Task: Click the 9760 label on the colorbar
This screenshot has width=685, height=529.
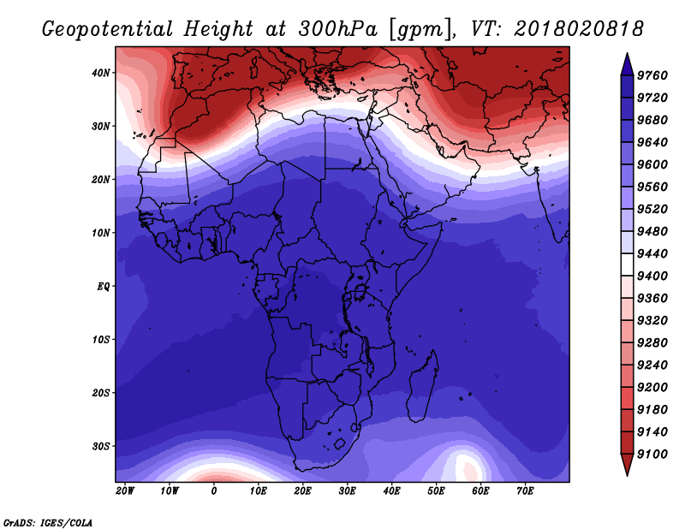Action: [x=652, y=75]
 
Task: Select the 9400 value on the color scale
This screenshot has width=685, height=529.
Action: [x=652, y=276]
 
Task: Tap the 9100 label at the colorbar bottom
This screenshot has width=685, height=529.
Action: [x=652, y=455]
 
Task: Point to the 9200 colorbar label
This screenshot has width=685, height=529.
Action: [x=652, y=388]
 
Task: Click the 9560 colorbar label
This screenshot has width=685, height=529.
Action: [x=652, y=187]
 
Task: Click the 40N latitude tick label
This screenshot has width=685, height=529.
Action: [x=101, y=73]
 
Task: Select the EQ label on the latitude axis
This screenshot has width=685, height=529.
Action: [x=103, y=287]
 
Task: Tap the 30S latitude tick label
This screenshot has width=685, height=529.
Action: [x=101, y=447]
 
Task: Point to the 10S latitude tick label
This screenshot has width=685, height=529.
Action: [x=101, y=340]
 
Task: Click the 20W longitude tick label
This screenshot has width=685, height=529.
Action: [x=125, y=491]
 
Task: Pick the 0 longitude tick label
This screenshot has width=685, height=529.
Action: [x=213, y=491]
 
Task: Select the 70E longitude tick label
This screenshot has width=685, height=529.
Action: [x=525, y=491]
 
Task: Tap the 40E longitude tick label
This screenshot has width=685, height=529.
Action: [x=391, y=491]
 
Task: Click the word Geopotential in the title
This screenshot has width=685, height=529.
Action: [x=108, y=30]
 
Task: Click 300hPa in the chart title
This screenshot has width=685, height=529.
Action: [x=337, y=29]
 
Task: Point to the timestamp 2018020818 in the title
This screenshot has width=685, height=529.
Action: [x=579, y=29]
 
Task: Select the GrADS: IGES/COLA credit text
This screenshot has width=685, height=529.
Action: [x=48, y=523]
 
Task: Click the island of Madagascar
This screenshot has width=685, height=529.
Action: [x=422, y=387]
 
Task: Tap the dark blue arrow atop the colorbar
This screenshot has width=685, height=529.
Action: [x=627, y=64]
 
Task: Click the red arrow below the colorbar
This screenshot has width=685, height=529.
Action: [x=627, y=465]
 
